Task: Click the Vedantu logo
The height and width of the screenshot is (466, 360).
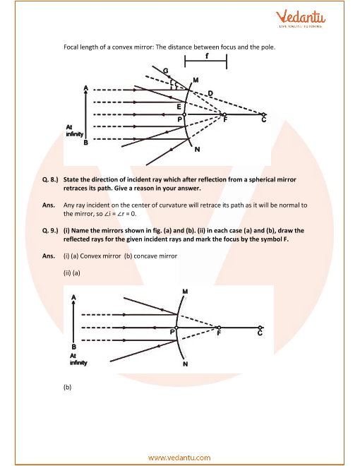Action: (x=301, y=18)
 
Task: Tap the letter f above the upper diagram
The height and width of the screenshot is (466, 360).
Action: (x=207, y=56)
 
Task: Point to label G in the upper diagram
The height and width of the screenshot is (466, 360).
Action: (x=166, y=71)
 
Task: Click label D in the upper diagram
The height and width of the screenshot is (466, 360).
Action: (x=210, y=94)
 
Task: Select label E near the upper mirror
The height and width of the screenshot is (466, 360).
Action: (x=179, y=107)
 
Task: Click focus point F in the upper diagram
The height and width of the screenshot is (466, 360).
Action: (x=224, y=114)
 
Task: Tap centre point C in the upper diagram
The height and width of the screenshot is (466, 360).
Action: (x=263, y=114)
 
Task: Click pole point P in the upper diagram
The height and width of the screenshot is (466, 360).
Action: (x=184, y=114)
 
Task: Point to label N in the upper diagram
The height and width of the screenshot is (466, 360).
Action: (x=197, y=150)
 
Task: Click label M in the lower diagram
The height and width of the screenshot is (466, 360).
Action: (x=185, y=292)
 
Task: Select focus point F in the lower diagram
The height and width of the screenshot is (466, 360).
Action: (x=220, y=328)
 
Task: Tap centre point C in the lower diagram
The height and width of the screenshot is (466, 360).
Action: (x=260, y=328)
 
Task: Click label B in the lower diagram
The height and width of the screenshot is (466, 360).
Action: (x=73, y=347)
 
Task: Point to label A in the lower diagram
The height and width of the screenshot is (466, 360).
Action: (x=73, y=297)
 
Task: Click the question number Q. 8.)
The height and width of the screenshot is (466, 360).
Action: (x=50, y=179)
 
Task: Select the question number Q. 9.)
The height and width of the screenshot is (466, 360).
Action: (x=50, y=231)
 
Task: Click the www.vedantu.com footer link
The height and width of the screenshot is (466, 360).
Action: (x=179, y=458)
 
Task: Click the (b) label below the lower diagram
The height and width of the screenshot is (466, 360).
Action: (x=68, y=387)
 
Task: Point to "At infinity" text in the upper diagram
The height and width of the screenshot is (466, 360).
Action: (x=75, y=131)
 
